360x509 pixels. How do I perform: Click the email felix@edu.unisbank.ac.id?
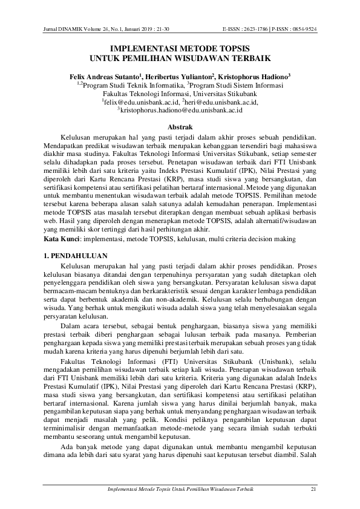[137, 103]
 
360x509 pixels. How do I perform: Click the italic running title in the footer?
[180, 488]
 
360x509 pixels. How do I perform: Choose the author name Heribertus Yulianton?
[177, 77]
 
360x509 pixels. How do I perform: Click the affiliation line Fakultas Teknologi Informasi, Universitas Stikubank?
[180, 94]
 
